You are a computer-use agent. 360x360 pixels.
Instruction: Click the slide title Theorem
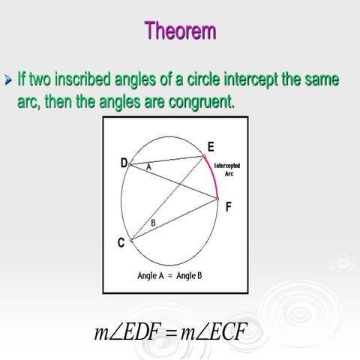coord(180,31)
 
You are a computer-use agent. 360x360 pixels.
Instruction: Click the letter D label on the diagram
coord(123,163)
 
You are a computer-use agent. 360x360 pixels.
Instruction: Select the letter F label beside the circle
coord(228,207)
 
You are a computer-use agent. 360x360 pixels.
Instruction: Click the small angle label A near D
coord(148,168)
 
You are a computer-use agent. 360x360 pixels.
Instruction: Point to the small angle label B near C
coord(153,223)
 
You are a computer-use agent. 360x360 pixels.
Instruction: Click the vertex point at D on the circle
coord(131,163)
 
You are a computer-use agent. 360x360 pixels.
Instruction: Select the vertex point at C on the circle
coord(131,241)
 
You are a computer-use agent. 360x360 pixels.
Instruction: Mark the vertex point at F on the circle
coord(217,199)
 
